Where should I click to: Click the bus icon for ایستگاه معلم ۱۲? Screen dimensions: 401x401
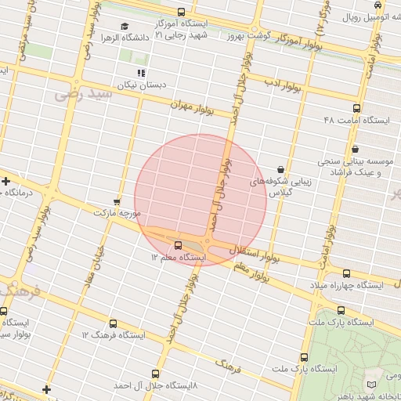178,244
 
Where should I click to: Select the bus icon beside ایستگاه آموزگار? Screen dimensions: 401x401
182,12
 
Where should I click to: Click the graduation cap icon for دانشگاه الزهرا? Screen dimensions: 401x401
125,27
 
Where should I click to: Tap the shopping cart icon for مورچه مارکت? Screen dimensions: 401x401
117,201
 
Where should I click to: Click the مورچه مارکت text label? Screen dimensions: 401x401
117,213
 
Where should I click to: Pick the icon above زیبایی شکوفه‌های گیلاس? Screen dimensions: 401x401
280,169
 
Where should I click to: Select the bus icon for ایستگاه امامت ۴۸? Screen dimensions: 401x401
357,109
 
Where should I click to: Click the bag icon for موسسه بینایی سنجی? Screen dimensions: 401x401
356,149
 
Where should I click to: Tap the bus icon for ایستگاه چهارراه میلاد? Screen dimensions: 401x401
346,273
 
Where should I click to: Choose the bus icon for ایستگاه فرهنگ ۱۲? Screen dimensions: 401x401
114,323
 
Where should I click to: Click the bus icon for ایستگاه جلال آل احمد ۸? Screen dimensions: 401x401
155,374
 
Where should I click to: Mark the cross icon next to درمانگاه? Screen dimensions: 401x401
6,182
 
